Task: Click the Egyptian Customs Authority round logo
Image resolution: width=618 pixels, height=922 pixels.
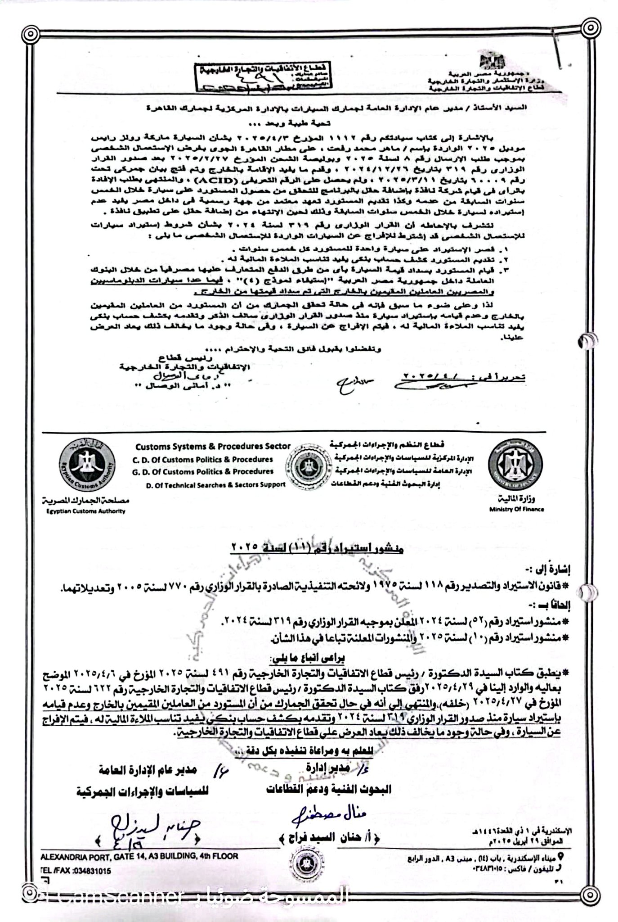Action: coord(86,466)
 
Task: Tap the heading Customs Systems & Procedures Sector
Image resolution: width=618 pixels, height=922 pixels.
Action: coord(213,447)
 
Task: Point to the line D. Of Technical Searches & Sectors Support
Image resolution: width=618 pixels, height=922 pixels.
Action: coord(216,484)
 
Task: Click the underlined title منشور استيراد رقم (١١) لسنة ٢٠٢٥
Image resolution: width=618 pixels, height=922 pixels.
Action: coord(317,548)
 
